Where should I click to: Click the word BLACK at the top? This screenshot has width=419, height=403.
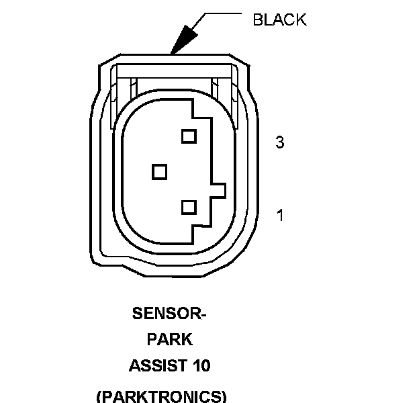pyautogui.click(x=279, y=19)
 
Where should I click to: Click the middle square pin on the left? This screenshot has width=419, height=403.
pyautogui.click(x=159, y=172)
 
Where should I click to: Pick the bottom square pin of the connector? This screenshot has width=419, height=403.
pyautogui.click(x=188, y=207)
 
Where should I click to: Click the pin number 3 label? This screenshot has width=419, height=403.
pyautogui.click(x=280, y=142)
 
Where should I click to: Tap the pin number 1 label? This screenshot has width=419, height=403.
pyautogui.click(x=280, y=216)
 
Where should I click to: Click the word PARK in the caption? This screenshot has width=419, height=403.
pyautogui.click(x=169, y=339)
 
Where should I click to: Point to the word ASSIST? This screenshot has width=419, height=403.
pyautogui.click(x=156, y=366)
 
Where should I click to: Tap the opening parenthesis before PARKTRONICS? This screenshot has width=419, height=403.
pyautogui.click(x=100, y=396)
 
